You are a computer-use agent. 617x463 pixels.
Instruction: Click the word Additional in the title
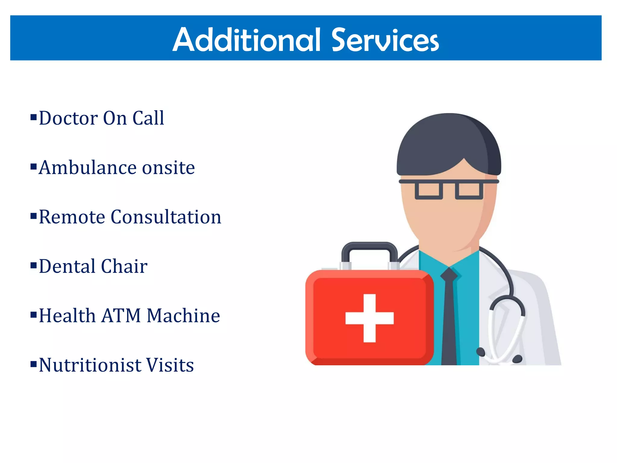pyautogui.click(x=247, y=40)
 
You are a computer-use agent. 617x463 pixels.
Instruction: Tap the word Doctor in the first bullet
pyautogui.click(x=68, y=118)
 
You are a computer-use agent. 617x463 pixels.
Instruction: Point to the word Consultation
pyautogui.click(x=166, y=217)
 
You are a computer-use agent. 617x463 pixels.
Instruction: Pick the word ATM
pyautogui.click(x=121, y=316)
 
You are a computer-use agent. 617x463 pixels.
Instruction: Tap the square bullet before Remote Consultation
pyautogui.click(x=33, y=216)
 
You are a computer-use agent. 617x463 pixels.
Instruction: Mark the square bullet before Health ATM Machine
pyautogui.click(x=33, y=315)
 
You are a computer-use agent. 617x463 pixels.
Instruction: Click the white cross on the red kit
pyautogui.click(x=369, y=318)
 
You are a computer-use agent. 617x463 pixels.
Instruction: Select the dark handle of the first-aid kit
pyautogui.click(x=369, y=246)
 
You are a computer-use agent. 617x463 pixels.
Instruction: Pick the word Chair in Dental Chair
pyautogui.click(x=124, y=266)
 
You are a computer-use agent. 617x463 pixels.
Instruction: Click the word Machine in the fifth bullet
pyautogui.click(x=183, y=316)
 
